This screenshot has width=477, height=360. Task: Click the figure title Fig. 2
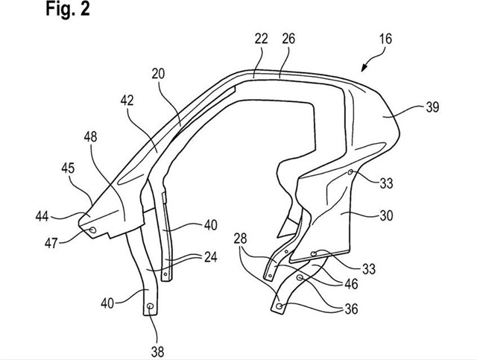coord(68,9)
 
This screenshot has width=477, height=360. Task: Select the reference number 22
coord(262,39)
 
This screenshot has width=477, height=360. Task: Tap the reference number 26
coord(288,39)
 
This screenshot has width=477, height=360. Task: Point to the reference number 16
coord(385,39)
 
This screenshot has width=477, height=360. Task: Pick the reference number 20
coord(158,74)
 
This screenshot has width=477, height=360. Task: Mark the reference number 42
coord(127,100)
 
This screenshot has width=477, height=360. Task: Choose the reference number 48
coord(90,137)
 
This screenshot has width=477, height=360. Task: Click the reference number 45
coord(68,168)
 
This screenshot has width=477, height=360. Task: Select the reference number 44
coord(42,217)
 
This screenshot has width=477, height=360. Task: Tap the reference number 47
coord(51,243)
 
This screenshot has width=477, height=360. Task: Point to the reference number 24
coord(210,257)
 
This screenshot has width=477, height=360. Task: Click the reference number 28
coord(240,239)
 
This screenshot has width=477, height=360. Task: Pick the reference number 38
coord(157,353)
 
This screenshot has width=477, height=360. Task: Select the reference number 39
coord(432,107)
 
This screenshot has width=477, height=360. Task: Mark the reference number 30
coord(386,215)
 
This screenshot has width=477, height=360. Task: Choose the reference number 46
coord(351,284)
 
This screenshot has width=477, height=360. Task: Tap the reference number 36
coord(351,309)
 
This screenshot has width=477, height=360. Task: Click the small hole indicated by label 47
coord(92,230)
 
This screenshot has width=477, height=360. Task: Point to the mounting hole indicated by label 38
coord(150,306)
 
